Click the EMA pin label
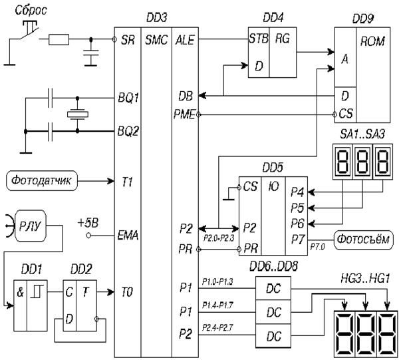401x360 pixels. click(x=127, y=234)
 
